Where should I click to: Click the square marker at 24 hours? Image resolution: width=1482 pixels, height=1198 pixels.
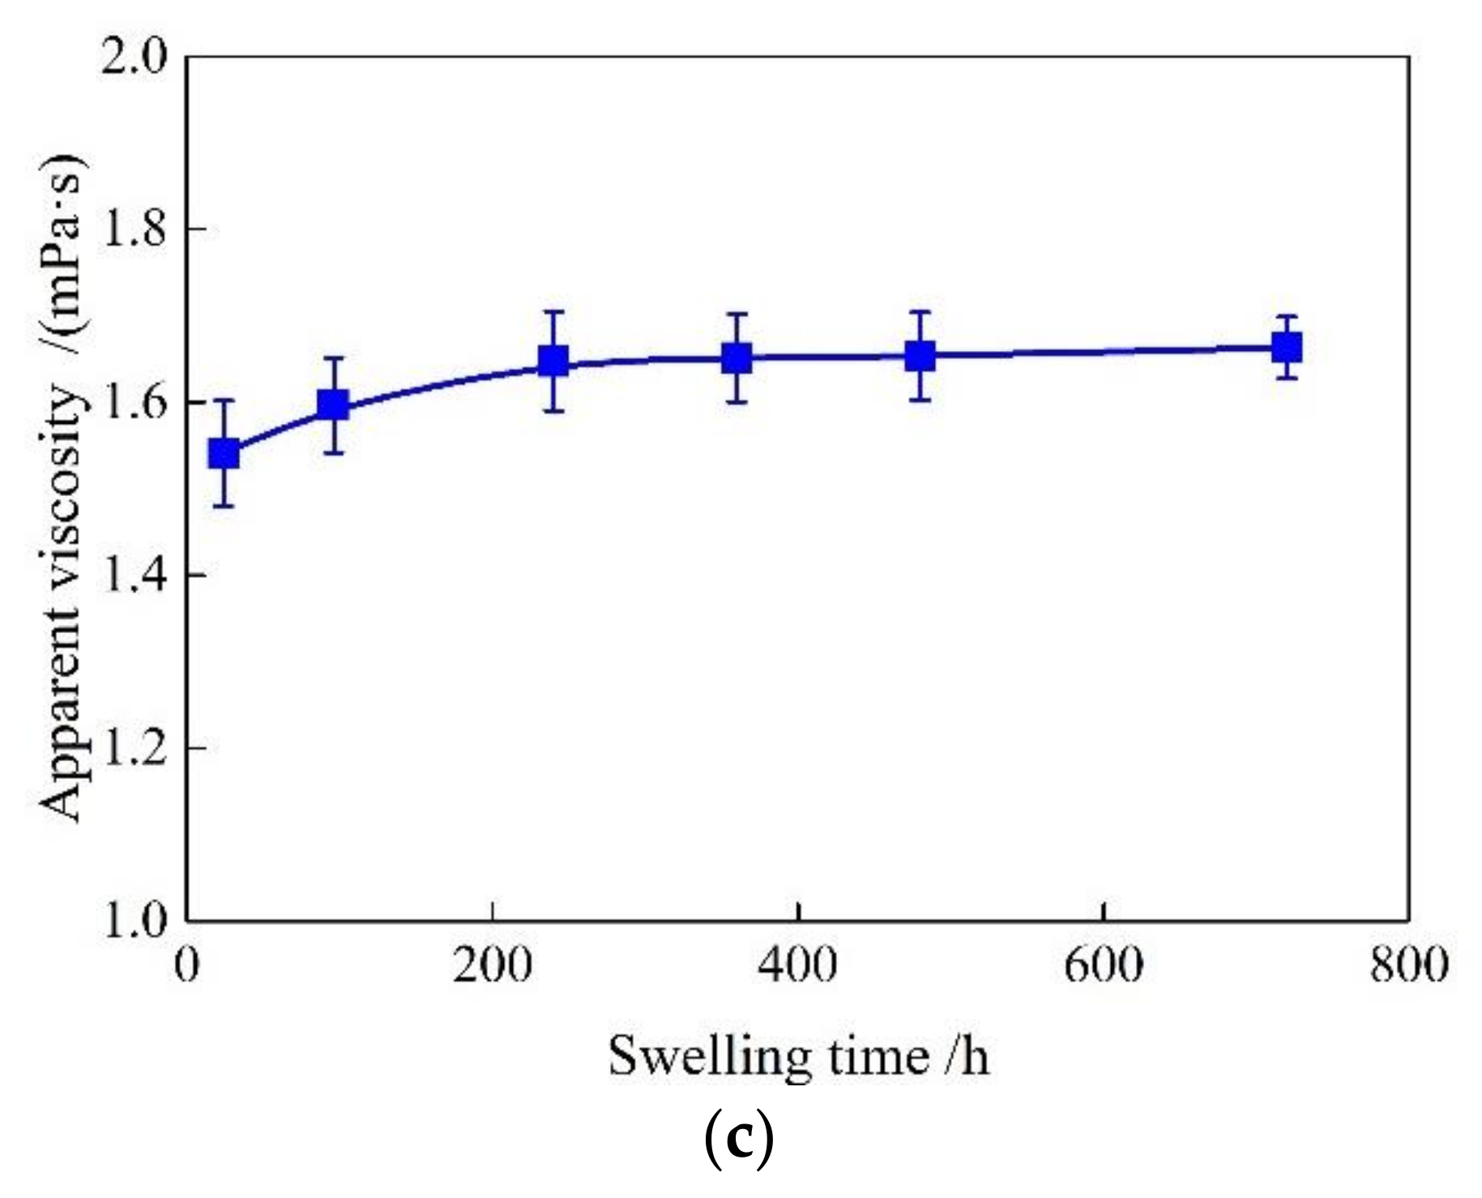click(224, 454)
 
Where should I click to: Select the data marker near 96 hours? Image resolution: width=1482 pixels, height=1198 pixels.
click(333, 404)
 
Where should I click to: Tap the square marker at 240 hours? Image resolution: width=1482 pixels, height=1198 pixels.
click(553, 361)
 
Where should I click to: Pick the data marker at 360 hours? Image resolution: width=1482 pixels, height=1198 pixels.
click(737, 357)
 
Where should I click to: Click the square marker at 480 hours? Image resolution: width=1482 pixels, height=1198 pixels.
click(920, 355)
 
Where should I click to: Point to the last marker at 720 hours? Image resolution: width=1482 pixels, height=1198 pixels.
click(1287, 349)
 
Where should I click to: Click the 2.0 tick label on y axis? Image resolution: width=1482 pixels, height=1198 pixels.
click(134, 58)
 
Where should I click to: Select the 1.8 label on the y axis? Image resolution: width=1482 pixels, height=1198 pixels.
click(134, 230)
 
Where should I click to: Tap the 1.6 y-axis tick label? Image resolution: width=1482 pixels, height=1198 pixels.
click(134, 403)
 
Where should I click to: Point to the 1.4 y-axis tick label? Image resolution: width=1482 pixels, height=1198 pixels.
click(134, 575)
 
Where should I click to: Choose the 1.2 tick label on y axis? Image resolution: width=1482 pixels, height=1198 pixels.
click(134, 748)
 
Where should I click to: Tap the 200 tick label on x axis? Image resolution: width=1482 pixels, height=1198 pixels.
click(493, 966)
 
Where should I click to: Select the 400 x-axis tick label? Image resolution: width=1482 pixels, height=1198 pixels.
click(798, 966)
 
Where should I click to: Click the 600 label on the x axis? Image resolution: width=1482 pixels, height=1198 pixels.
click(1104, 966)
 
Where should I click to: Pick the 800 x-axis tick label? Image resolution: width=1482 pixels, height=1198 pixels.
click(1409, 966)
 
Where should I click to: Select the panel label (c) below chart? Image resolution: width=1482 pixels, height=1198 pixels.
click(739, 1140)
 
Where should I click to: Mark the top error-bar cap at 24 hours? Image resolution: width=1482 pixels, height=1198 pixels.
click(224, 400)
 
